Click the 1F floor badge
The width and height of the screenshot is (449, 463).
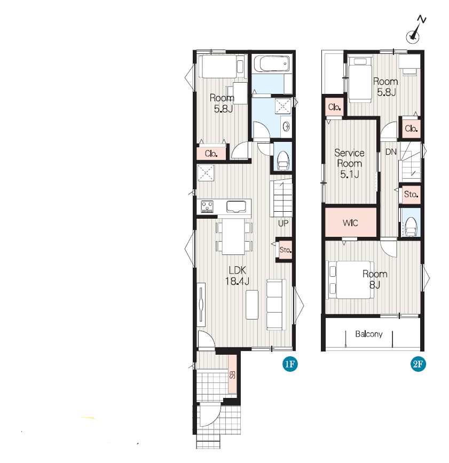point(290,364)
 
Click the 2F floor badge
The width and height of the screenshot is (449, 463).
point(418,364)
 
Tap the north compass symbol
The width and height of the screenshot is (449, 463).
point(415,30)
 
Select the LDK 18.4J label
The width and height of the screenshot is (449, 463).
point(237,275)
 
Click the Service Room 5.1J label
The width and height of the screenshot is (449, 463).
point(349,163)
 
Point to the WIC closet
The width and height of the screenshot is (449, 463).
point(351,222)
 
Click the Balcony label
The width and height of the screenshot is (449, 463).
point(369,334)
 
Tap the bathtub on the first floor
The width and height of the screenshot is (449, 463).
point(272,63)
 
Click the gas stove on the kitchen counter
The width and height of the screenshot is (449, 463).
point(207,206)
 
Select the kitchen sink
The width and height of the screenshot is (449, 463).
point(236,207)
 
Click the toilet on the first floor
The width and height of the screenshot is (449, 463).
point(282,161)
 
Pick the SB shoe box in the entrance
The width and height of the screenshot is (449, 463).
point(233,374)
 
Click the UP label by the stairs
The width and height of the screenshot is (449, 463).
point(283,223)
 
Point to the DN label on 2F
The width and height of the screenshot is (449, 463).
point(391,152)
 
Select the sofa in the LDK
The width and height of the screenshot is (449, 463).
point(276,305)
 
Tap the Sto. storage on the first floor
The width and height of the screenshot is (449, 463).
point(285,250)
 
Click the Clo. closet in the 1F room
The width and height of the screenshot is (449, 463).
point(211,154)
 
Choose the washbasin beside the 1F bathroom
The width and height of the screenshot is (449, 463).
point(286,126)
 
